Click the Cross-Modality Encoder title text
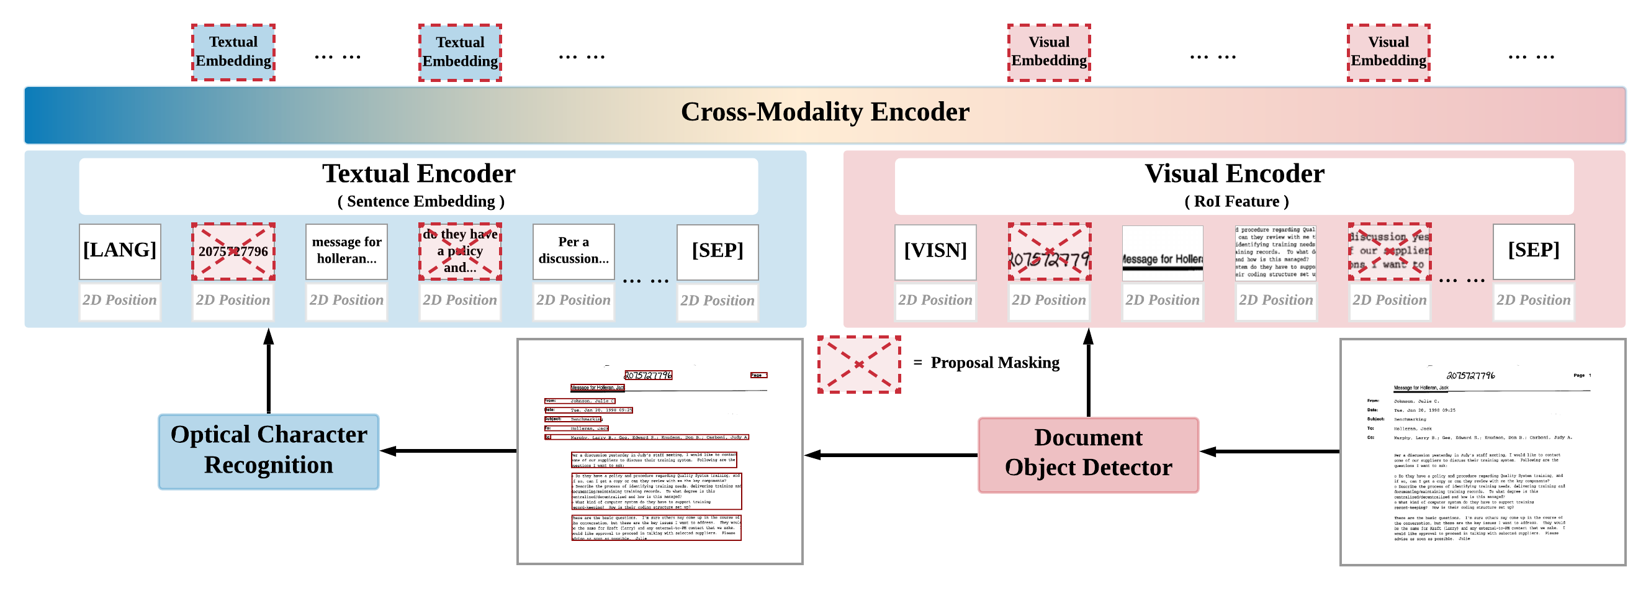coord(825,112)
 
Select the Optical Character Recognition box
coord(269,452)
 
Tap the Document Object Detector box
coord(1087,455)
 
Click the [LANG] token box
coord(120,251)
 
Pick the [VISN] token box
coord(935,252)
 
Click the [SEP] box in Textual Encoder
coord(717,252)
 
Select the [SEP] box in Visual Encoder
coord(1533,251)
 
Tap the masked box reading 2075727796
coord(233,252)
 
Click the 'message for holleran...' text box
coord(347,252)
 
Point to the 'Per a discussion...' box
coord(574,252)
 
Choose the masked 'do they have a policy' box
coord(460,252)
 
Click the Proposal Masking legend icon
coord(859,365)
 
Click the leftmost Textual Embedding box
coord(233,53)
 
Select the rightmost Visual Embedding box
coord(1388,53)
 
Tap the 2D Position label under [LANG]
coord(120,301)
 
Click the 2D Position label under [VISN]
coord(935,301)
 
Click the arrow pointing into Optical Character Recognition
coord(449,451)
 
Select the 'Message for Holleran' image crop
coord(1162,253)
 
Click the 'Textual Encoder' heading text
coord(418,174)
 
